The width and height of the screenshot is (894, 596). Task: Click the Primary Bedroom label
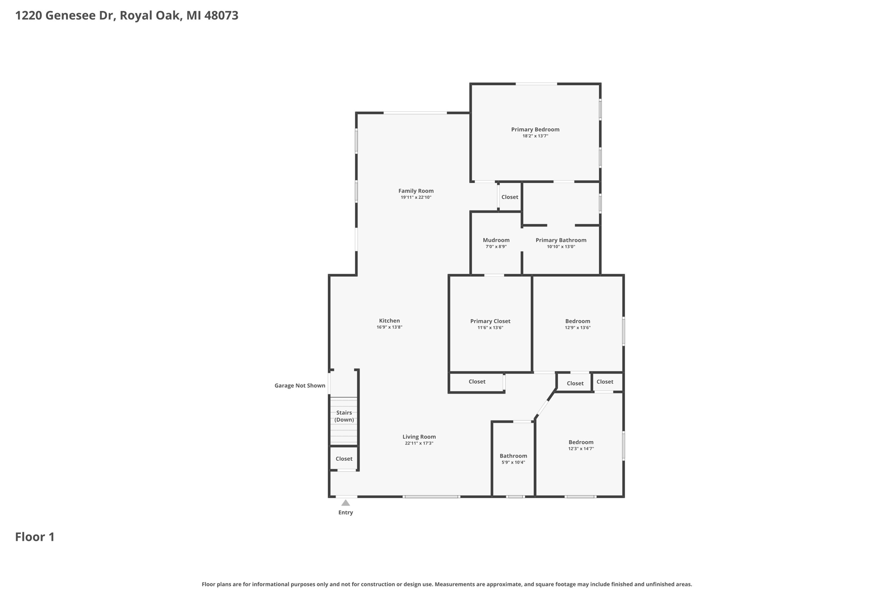coord(535,129)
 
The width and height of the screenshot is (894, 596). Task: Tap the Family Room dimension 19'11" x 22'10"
coord(416,197)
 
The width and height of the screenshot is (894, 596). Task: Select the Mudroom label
coord(496,240)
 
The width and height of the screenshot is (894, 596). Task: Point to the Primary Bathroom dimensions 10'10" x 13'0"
coord(561,247)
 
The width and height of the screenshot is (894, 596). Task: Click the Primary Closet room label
coord(490,321)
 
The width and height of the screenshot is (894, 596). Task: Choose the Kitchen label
coord(389,320)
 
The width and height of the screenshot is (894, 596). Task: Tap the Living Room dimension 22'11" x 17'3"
coord(419,443)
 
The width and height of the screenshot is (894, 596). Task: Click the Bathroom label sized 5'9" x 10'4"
coord(513,456)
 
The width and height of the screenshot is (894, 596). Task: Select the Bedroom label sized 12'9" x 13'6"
coord(578,321)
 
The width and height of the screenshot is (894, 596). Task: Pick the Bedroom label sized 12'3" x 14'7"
coord(581,442)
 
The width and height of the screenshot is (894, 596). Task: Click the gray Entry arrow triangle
coord(346,503)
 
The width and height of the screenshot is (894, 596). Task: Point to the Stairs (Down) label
coord(344,416)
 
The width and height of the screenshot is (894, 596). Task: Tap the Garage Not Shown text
coord(300,386)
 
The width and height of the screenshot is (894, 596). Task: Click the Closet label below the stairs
coord(344,458)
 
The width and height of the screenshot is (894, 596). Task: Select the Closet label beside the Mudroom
coord(509,197)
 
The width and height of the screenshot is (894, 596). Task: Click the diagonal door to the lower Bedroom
coord(543,407)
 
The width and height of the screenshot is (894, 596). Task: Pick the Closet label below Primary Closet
coord(477,382)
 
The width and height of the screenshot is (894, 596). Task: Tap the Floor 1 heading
coord(35,537)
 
